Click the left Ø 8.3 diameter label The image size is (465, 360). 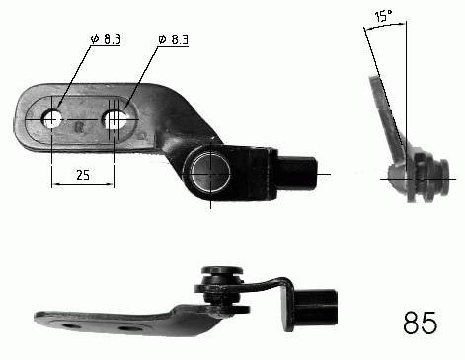pos(106,39)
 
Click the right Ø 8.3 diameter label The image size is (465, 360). pos(173,39)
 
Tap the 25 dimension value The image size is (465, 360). pos(83,175)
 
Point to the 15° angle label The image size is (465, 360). pos(383,15)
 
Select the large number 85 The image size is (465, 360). pos(421,323)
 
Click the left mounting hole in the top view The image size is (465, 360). pos(52,118)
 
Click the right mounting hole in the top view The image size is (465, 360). pos(115,119)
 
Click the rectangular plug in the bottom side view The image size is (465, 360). pos(316,307)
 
